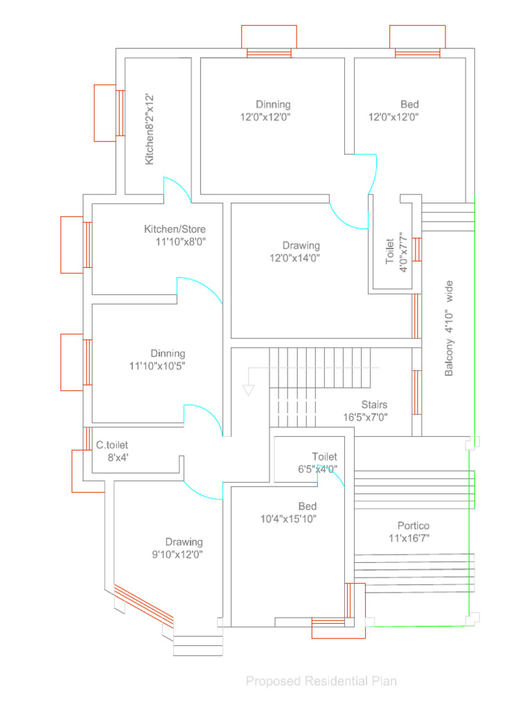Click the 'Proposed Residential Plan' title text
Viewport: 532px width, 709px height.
point(321,681)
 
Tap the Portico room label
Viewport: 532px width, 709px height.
point(413,526)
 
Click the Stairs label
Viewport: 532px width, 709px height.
point(374,404)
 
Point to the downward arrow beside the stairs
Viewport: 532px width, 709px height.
point(248,390)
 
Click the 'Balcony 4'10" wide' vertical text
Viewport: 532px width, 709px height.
point(450,328)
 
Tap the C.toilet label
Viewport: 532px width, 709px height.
point(112,445)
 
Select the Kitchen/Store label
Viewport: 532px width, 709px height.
point(175,229)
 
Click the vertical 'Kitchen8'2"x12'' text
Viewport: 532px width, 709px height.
point(149,129)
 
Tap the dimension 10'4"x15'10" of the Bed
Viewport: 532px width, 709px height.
point(288,519)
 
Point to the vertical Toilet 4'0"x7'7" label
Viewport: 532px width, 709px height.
point(393,251)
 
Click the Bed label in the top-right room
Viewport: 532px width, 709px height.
point(409,105)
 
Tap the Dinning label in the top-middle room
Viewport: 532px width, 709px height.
point(273,105)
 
